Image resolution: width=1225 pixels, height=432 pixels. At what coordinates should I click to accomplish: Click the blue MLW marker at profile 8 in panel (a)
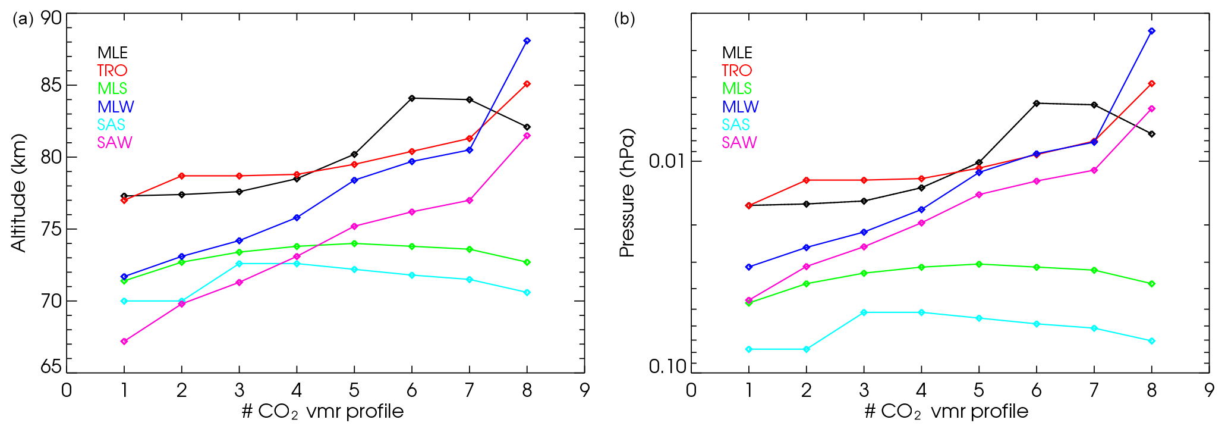point(527,41)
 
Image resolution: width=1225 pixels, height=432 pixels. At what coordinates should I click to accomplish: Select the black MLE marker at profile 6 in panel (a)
point(412,98)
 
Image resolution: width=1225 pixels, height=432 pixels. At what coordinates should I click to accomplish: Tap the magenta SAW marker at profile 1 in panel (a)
point(124,342)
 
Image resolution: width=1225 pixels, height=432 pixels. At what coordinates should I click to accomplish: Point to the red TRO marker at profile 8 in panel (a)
point(527,84)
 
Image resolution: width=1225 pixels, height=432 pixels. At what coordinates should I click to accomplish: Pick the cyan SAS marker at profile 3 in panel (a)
point(240,264)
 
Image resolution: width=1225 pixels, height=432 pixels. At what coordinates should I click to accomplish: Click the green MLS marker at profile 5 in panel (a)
point(354,243)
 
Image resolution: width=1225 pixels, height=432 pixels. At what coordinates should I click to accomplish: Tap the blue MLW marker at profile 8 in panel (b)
point(1151,31)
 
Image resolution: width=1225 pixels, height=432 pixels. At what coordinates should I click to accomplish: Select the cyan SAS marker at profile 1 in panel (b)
point(749,349)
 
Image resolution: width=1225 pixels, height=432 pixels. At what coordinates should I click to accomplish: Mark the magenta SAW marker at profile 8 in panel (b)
point(1151,109)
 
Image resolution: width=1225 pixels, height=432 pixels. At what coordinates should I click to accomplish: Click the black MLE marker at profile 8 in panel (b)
point(1151,134)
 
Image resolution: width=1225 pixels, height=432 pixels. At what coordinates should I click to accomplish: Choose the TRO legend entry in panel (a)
point(112,71)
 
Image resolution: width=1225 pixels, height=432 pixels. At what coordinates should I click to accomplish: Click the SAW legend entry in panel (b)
point(739,143)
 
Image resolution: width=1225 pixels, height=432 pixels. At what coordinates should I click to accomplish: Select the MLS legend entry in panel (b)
point(737,89)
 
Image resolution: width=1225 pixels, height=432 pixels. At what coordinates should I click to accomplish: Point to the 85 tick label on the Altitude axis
point(51,85)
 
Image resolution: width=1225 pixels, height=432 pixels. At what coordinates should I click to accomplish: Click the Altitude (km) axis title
point(19,193)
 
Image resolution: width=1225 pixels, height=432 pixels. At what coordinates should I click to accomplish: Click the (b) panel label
point(624,19)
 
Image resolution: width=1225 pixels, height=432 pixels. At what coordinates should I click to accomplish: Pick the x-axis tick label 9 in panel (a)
point(584,390)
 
